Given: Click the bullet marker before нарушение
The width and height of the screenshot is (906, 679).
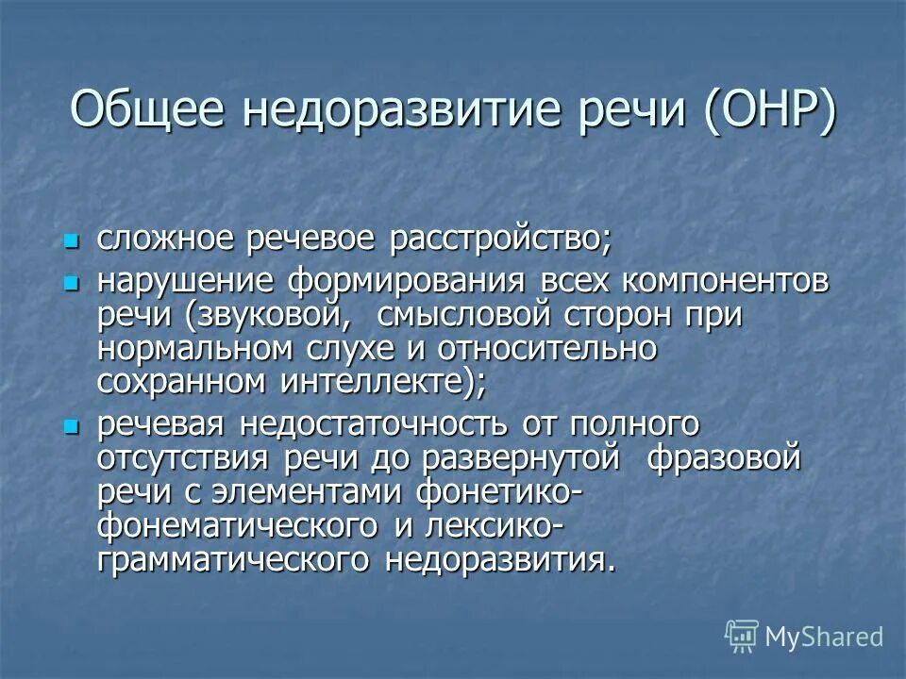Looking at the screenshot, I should pyautogui.click(x=68, y=281).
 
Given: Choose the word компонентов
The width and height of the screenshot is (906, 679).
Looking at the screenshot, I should pyautogui.click(x=722, y=281).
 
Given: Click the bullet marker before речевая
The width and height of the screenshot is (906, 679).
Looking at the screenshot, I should pyautogui.click(x=68, y=425).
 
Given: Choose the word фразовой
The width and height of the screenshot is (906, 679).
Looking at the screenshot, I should pyautogui.click(x=728, y=459).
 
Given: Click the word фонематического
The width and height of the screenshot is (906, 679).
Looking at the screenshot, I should pyautogui.click(x=236, y=525).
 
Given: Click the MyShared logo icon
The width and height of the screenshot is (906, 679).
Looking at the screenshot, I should pyautogui.click(x=743, y=637).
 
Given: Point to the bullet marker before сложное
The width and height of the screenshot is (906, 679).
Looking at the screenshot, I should pyautogui.click(x=68, y=240).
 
